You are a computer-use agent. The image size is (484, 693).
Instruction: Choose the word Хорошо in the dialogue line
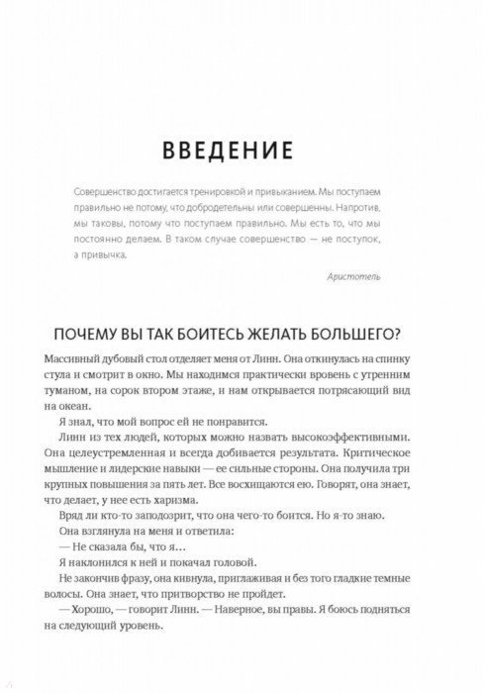tap(99, 629)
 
